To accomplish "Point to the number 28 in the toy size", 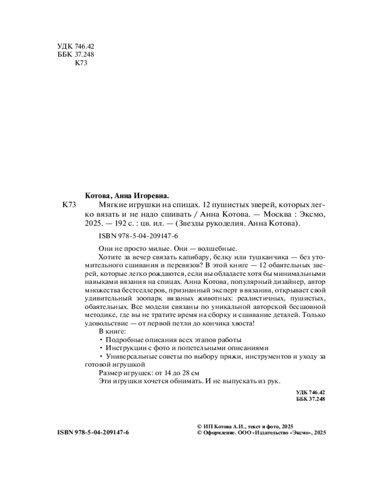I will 185,372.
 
